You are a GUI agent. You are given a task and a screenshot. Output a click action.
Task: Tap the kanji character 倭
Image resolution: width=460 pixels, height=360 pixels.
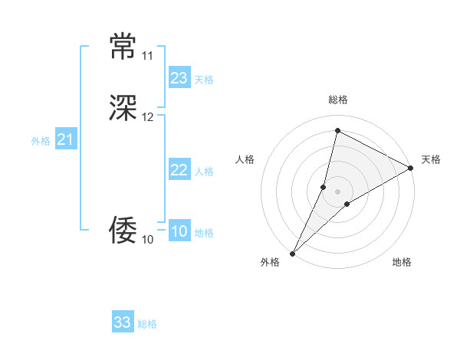pos(123,229)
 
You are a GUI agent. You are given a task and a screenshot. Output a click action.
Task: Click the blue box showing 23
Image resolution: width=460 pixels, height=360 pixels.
pos(179,78)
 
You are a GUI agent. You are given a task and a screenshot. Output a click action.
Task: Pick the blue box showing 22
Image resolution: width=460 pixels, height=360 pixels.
pos(179,171)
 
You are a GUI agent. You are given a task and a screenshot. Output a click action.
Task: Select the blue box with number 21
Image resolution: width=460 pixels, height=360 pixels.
pos(65,139)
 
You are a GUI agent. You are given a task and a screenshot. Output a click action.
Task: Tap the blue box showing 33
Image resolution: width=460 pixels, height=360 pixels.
pos(122,322)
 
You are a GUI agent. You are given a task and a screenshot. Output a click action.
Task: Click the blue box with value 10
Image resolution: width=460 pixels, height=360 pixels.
pos(179,232)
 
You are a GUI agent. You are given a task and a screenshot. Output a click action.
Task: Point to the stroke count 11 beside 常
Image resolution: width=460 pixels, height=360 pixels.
pos(147,56)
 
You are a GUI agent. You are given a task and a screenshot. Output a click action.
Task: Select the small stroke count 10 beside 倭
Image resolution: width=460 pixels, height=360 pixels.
pos(147,240)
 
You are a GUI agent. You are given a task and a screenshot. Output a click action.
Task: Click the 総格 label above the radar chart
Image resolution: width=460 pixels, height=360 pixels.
pos(337,100)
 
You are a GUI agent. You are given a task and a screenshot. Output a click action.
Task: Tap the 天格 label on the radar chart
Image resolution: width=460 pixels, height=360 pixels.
pos(431,159)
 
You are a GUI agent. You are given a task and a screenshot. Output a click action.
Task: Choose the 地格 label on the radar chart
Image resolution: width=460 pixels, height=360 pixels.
pos(402,262)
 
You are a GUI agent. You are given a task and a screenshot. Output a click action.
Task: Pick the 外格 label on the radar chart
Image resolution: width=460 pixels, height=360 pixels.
pos(270,262)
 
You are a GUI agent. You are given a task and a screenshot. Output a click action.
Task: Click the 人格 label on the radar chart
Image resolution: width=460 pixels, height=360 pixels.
pos(245,159)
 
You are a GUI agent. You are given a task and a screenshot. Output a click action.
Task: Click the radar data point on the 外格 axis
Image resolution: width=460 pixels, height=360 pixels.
pos(292,253)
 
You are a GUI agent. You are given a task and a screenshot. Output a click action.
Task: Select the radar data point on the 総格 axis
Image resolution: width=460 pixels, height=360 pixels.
pos(337,130)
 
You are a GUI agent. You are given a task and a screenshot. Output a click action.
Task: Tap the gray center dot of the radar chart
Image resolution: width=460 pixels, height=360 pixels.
pos(337,191)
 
